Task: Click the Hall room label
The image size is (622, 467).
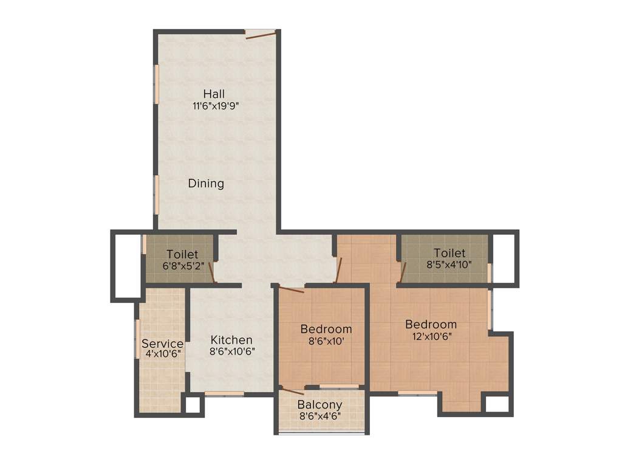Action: (214, 94)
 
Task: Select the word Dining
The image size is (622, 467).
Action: (206, 183)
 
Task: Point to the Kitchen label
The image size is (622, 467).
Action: (231, 340)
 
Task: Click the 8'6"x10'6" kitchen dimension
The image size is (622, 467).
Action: (231, 351)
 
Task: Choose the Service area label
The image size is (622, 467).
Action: (162, 344)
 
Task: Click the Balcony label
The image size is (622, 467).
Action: (320, 404)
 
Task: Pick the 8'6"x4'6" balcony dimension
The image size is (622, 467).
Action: (320, 416)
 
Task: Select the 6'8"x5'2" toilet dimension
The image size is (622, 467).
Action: (182, 266)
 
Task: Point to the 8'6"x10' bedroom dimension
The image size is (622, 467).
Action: (326, 341)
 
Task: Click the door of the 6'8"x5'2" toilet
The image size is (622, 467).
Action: (214, 271)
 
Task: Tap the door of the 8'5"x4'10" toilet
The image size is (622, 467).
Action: (402, 272)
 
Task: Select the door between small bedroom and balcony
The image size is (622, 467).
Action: (293, 390)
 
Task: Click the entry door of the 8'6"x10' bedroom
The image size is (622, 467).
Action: (290, 289)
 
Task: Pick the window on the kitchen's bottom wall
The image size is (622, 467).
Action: (224, 394)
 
